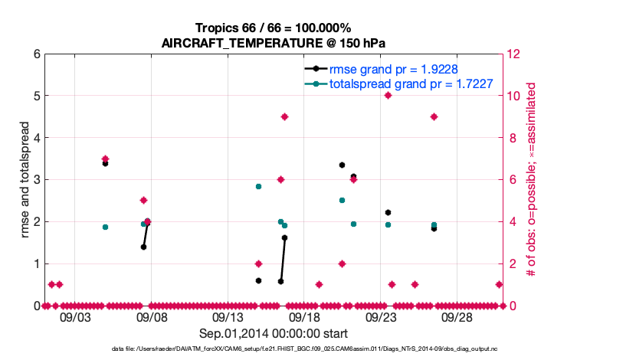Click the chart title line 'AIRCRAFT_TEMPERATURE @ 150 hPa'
click(274, 43)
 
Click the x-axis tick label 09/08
click(151, 317)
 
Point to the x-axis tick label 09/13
click(228, 317)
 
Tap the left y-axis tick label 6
click(36, 54)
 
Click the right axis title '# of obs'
click(529, 179)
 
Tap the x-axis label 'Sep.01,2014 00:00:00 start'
click(274, 333)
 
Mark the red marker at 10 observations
click(388, 96)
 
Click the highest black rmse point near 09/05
click(105, 163)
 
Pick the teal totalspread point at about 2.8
click(258, 186)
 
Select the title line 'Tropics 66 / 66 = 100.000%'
click(274, 28)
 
